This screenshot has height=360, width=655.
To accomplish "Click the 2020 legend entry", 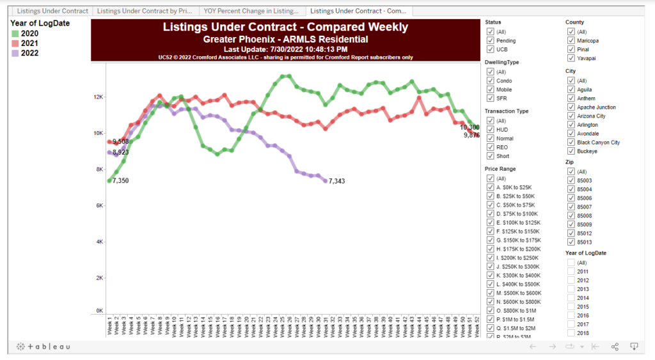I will click(29, 33).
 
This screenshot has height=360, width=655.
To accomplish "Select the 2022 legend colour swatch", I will click(15, 54).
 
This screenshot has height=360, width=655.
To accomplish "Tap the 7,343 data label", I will click(337, 182).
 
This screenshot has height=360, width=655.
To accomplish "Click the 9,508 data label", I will click(121, 142).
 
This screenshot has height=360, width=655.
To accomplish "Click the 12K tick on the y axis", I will click(98, 97).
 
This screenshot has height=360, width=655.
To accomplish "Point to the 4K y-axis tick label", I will click(99, 242).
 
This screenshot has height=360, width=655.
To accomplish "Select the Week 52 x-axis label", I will click(477, 327).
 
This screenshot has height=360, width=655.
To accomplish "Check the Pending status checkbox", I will click(490, 40).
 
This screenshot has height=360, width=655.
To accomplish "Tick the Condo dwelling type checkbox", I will click(490, 81).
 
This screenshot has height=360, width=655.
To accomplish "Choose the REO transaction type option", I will click(490, 147).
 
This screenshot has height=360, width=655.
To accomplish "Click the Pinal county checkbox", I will click(571, 49).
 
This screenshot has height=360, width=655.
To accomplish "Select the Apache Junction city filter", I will click(571, 107).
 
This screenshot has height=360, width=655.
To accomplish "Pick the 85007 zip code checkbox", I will click(571, 207).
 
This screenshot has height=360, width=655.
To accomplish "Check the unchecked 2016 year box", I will click(571, 316).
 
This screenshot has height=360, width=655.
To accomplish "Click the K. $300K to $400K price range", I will click(490, 274).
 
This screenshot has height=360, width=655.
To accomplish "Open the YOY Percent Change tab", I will click(251, 11).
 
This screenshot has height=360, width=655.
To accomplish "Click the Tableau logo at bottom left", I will click(43, 347).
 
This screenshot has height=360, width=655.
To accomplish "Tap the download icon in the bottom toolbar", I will click(635, 347).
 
